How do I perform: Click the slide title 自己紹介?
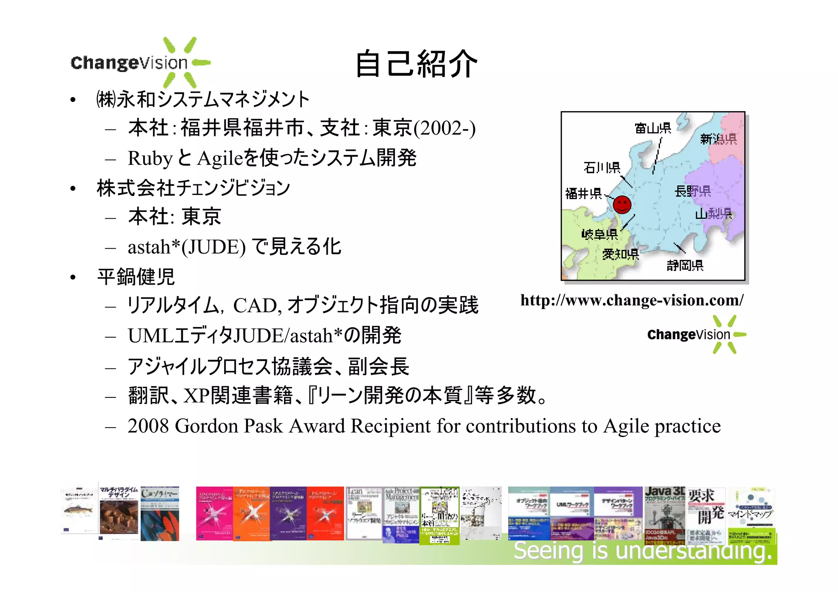point(416,64)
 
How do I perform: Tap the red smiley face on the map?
point(622,204)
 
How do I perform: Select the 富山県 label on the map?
point(653,128)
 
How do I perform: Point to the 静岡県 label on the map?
point(685,266)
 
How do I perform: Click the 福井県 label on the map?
point(583,193)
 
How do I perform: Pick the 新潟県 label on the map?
point(719,139)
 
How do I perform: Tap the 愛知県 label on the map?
point(620,254)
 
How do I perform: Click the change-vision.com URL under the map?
point(632,300)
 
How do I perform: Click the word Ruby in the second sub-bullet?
point(150,159)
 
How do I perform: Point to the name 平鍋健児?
point(136,277)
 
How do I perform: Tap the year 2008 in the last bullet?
point(148,426)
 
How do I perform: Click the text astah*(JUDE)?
point(187,247)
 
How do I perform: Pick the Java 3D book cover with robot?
point(665,514)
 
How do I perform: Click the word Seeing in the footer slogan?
point(548,550)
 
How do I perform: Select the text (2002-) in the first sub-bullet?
point(444,128)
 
